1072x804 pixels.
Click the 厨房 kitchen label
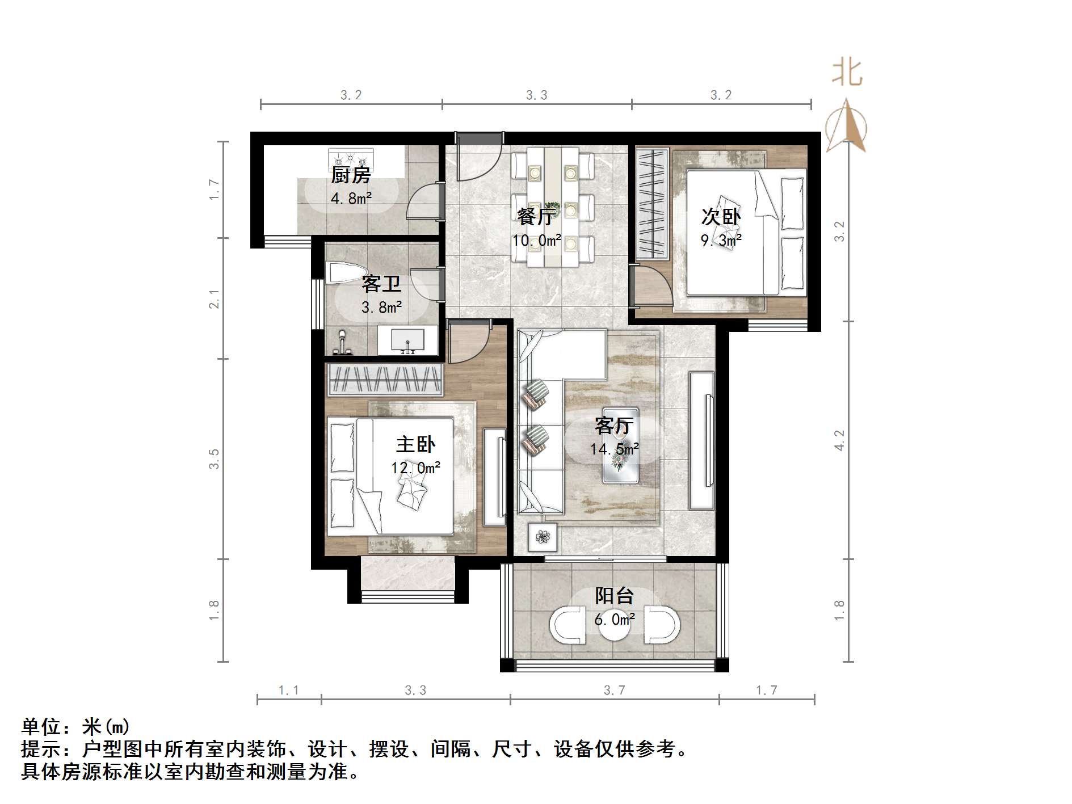tap(351, 175)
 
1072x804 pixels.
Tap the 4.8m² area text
tap(351, 199)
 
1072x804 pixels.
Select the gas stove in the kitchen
tap(351, 157)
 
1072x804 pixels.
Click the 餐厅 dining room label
tap(535, 216)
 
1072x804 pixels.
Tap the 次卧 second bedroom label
tap(721, 217)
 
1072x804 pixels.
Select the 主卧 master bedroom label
tap(415, 444)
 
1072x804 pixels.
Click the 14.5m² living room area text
tap(615, 449)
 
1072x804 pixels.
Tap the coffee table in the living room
tap(620, 445)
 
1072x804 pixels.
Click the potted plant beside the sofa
tap(543, 536)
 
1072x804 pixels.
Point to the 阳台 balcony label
tap(614, 596)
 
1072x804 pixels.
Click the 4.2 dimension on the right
tap(839, 440)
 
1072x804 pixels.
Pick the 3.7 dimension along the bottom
tap(614, 691)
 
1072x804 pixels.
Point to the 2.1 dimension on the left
tap(213, 299)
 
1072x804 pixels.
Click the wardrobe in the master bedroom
tap(385, 380)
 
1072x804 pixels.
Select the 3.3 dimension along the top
tap(536, 95)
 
